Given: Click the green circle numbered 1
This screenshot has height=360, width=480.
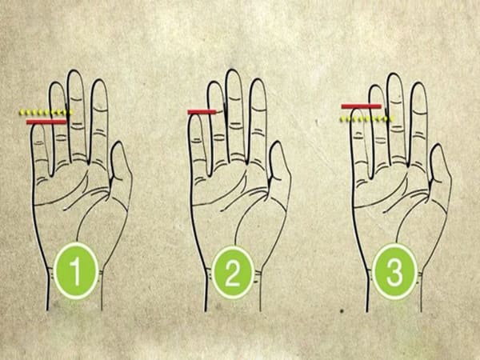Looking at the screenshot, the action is [76, 270].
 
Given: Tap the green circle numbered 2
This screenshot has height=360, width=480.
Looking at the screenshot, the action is [233, 272].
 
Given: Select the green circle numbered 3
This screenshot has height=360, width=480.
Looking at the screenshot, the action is [394, 271].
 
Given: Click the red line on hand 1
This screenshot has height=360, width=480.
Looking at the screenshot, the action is [46, 122].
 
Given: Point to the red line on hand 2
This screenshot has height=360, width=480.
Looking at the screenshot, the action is [202, 112].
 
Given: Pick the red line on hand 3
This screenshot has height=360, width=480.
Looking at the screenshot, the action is [362, 106].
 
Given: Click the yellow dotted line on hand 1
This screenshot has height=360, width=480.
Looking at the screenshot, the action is [46, 112].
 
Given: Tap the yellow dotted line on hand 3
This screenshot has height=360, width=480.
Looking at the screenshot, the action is [366, 118].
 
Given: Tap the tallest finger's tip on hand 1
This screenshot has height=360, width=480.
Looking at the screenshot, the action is [75, 70].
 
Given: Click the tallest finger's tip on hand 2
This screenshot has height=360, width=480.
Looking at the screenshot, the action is [232, 70].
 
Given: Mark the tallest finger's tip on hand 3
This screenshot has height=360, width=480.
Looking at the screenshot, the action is [394, 74].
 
